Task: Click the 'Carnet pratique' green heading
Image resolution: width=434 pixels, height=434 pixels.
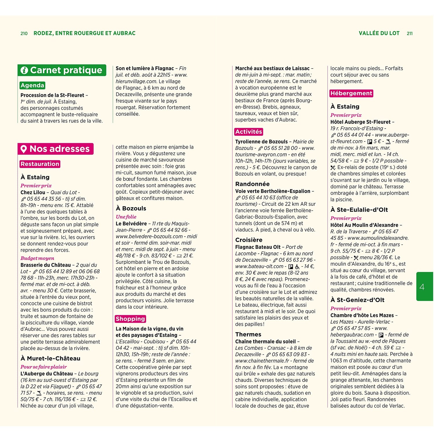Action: tap(62, 70)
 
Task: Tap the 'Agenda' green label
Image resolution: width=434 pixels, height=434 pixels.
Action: tap(32, 85)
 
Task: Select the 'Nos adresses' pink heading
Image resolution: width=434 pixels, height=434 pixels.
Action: tap(56, 149)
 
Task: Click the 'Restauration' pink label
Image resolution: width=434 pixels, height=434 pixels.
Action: tap(40, 164)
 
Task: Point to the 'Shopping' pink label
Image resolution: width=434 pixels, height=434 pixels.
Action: tap(130, 319)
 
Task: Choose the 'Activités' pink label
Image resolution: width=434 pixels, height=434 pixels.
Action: tap(249, 132)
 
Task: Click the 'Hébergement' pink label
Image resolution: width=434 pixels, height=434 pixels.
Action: tap(351, 93)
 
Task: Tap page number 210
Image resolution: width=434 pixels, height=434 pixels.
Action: tap(24, 34)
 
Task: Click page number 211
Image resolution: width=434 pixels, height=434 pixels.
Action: tap(409, 34)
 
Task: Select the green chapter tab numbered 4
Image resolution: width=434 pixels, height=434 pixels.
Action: tap(424, 286)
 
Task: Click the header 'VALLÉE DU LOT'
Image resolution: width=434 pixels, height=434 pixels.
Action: tap(379, 33)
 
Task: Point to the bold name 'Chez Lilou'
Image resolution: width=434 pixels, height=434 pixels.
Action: tap(33, 192)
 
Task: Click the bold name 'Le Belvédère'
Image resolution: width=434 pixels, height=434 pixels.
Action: tap(131, 224)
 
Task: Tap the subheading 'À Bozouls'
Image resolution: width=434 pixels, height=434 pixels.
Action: tap(131, 208)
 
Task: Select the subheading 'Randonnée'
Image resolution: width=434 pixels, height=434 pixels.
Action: tap(252, 184)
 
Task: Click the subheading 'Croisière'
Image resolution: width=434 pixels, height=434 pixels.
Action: tap(249, 240)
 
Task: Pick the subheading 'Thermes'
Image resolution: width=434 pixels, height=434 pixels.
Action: tap(248, 334)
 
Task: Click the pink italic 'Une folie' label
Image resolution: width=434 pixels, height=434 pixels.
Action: tap(126, 217)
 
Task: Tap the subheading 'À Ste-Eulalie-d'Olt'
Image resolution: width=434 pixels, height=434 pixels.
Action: tap(359, 210)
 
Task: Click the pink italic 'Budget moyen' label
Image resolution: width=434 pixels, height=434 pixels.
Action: tap(37, 258)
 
